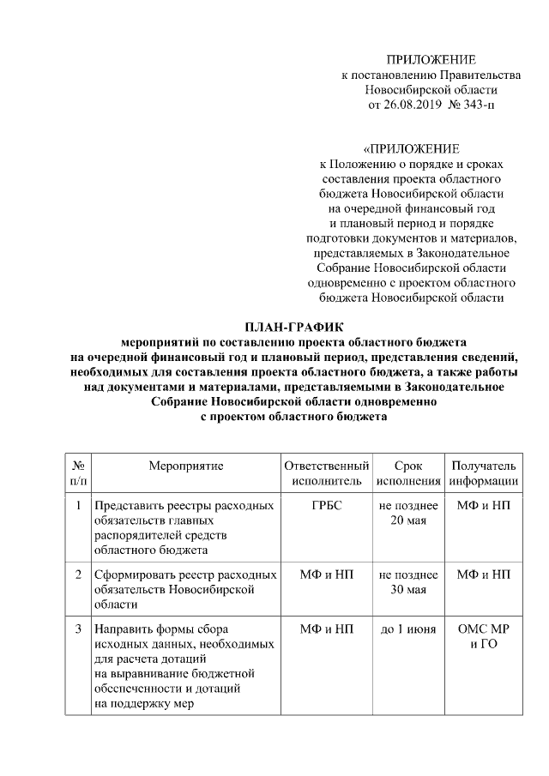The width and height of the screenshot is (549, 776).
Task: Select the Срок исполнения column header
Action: (x=408, y=473)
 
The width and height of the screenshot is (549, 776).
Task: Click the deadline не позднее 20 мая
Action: (x=408, y=513)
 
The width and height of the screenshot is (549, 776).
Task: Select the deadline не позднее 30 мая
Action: (x=408, y=582)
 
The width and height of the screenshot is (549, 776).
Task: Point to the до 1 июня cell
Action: (x=408, y=629)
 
